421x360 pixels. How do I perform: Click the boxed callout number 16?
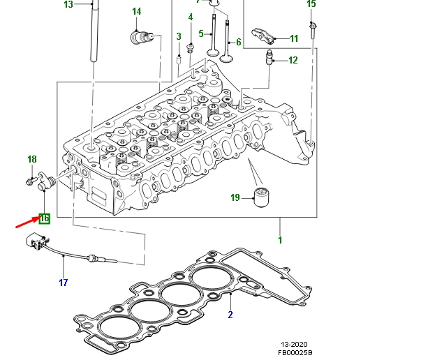[45, 218]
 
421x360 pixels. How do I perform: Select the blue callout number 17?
[64, 283]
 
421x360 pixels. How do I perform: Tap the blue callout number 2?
[230, 315]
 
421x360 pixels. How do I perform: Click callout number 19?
[235, 197]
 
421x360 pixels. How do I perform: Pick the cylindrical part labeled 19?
[261, 197]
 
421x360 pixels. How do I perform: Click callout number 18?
[32, 159]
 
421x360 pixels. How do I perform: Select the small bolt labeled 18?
[30, 181]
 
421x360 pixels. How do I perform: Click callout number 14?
[136, 12]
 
